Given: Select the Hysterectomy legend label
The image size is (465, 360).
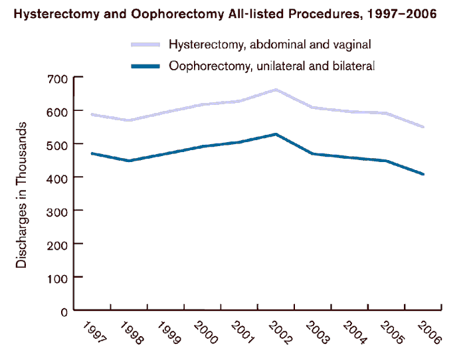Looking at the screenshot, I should click(269, 45).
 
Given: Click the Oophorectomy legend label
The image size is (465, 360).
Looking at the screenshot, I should click(272, 66).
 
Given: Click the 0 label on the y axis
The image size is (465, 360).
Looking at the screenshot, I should click(64, 311).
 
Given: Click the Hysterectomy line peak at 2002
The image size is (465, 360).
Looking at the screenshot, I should click(276, 89).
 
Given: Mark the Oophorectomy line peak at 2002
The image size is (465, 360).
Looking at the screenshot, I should click(276, 134).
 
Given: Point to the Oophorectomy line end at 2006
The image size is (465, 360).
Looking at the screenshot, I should click(424, 174).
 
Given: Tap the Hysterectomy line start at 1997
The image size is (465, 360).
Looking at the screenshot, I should click(92, 114).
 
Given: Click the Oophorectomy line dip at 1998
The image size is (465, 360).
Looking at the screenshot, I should click(129, 161).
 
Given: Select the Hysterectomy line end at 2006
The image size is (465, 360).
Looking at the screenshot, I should click(424, 127).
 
